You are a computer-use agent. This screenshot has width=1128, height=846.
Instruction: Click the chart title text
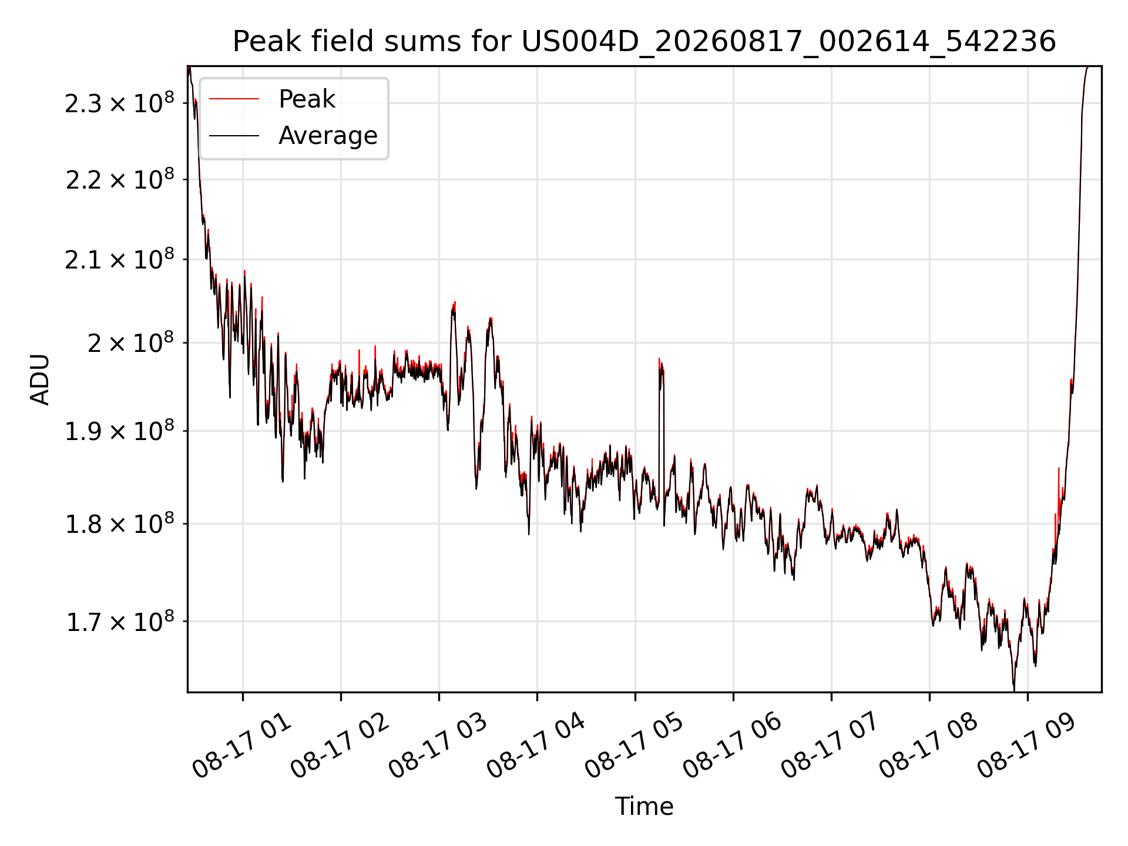coord(644,42)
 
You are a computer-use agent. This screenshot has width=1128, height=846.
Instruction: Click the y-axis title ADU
coord(40,380)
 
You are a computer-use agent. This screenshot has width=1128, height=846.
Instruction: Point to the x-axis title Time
coord(644,807)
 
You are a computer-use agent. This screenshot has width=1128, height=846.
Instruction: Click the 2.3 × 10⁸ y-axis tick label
coord(120,102)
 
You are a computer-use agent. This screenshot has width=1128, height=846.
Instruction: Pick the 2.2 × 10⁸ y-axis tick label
coord(120,179)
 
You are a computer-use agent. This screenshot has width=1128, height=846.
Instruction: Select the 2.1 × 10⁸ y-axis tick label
coord(120,258)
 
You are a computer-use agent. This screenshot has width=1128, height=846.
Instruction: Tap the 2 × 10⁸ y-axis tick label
coord(131,342)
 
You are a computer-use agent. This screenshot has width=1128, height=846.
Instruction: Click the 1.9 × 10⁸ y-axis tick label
coord(120,430)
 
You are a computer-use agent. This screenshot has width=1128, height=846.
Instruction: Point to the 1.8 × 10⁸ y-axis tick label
coord(120,523)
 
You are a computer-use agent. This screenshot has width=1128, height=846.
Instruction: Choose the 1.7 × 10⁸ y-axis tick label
coord(120,620)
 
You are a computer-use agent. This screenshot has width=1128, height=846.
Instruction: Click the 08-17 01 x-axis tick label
coord(242,746)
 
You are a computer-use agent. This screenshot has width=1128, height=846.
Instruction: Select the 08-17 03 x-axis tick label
coord(438,746)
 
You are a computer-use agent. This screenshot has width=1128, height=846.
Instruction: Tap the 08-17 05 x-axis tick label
coord(634,746)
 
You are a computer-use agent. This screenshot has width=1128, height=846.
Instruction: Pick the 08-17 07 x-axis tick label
coord(831,746)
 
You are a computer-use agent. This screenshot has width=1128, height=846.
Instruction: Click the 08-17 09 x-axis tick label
coord(1027,746)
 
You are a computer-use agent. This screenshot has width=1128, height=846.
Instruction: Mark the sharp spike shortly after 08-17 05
coord(660,359)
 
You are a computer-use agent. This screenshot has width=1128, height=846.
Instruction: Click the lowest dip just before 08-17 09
coord(1014,689)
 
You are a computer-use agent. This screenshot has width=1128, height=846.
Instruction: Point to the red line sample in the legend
coord(234,99)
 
